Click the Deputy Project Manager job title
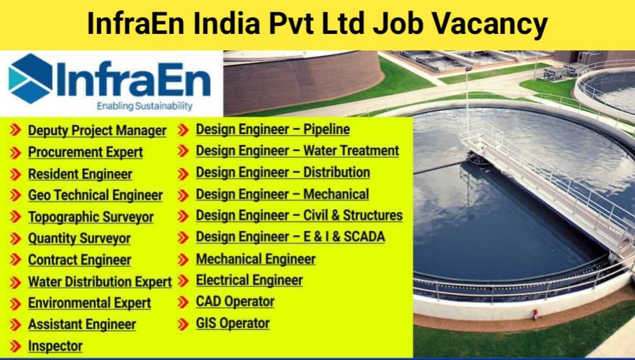(97, 130)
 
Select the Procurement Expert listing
(85, 152)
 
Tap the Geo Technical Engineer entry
(95, 195)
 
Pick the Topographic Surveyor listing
(90, 217)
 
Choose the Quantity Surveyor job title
(79, 239)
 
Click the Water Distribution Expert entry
(100, 282)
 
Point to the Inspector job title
(55, 346)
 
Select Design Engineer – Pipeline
(273, 129)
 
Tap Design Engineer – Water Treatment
(297, 151)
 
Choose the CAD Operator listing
(235, 302)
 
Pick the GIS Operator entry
(233, 323)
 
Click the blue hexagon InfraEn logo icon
(31, 78)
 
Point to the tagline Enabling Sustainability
(144, 106)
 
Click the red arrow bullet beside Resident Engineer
(16, 174)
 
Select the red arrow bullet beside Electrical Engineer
(183, 281)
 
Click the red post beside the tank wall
(535, 314)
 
